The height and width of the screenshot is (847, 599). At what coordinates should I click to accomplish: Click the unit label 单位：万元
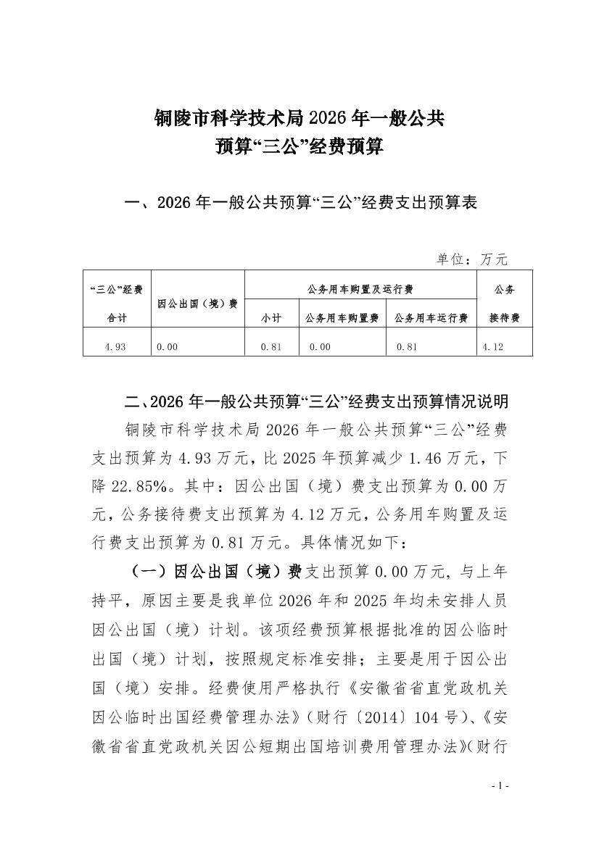click(472, 259)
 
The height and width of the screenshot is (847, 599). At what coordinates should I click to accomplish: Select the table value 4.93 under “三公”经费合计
click(115, 347)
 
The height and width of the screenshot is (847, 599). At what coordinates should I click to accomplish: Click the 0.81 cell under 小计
click(271, 347)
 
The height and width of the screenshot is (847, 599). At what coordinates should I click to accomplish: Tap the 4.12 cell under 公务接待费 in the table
click(492, 347)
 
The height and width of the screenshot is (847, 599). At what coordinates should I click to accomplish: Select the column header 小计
click(271, 318)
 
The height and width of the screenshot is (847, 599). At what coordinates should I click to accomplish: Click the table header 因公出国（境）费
click(197, 304)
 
